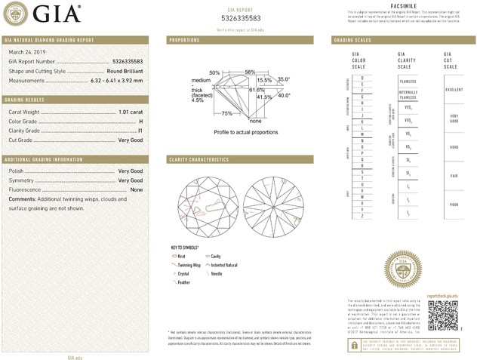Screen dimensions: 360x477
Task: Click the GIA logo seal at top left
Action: pos(18,12)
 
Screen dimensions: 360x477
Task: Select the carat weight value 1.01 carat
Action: pos(131,112)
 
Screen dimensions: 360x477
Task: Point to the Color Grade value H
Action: pos(141,121)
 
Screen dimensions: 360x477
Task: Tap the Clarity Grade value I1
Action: pos(140,131)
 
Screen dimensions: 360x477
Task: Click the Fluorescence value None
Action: pos(137,189)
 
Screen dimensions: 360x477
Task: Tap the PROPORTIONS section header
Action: pos(184,39)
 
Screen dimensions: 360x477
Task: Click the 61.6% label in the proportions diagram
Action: pos(235,90)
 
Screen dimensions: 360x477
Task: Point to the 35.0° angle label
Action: pos(283,78)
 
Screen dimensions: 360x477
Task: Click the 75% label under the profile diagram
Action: pos(227,113)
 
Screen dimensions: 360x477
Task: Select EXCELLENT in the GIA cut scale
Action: pos(454,89)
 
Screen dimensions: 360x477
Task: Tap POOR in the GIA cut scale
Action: pos(453,204)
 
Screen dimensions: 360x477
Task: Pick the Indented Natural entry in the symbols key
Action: pos(224,265)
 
